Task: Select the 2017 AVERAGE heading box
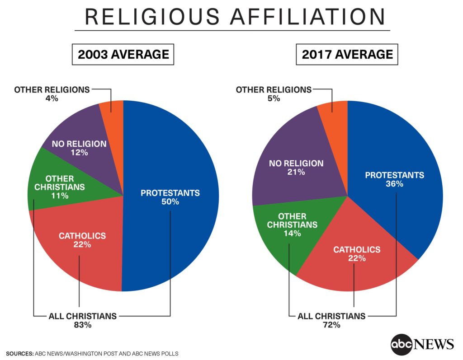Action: pyautogui.click(x=347, y=55)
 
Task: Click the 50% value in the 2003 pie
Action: pyautogui.click(x=170, y=202)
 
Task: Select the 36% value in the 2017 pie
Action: pyautogui.click(x=394, y=184)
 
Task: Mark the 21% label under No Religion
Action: pyautogui.click(x=296, y=172)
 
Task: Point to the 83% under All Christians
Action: pyautogui.click(x=82, y=325)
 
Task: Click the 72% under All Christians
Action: pyautogui.click(x=331, y=325)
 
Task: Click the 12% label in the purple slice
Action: pyautogui.click(x=79, y=153)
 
